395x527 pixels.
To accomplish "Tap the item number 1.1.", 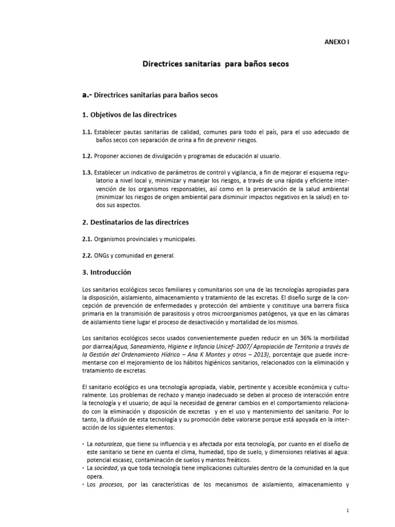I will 86,132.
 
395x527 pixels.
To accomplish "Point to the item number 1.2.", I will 86,155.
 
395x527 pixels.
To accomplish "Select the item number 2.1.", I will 86,239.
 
